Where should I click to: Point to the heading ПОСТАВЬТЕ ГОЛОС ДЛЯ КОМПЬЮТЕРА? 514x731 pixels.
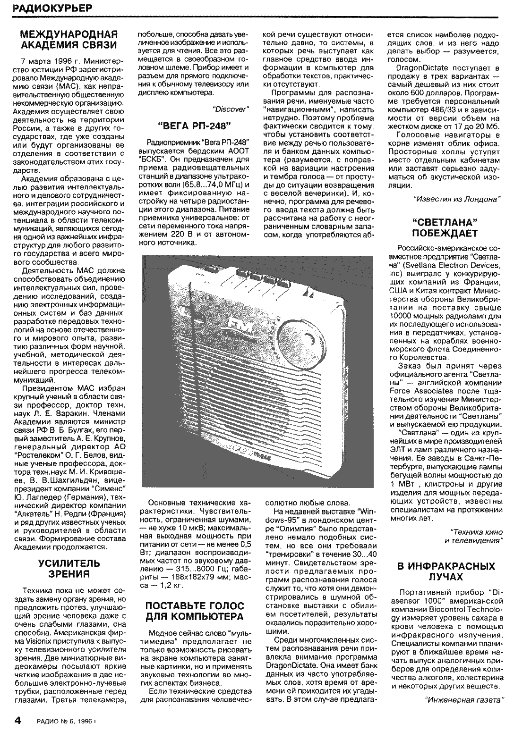194,611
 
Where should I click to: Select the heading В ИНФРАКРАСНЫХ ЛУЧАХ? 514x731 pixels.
446,571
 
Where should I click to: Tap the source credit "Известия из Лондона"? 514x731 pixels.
456,199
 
